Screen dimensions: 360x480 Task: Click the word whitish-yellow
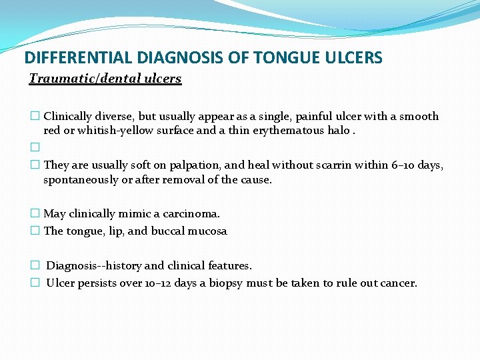[115, 131]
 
